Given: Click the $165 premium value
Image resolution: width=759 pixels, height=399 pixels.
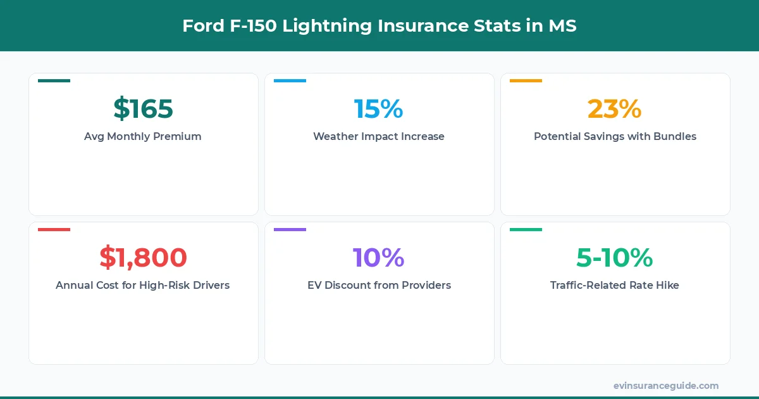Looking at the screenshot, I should [x=143, y=109].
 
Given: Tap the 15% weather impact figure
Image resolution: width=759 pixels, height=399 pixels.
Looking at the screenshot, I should [x=378, y=109].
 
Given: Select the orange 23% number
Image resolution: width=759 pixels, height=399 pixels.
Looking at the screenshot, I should [x=614, y=109].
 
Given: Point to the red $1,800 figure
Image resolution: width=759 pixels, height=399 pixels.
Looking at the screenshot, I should [x=143, y=258].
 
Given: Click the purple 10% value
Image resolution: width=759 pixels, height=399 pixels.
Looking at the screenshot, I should [x=378, y=258].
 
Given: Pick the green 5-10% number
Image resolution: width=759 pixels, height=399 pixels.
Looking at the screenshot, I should [x=614, y=258].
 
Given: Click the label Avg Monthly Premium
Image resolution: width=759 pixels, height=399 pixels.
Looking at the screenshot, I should [x=143, y=136].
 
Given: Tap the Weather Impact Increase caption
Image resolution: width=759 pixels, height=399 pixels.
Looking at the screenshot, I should [x=378, y=136].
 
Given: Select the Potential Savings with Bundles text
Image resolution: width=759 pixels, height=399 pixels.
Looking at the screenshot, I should [x=615, y=136].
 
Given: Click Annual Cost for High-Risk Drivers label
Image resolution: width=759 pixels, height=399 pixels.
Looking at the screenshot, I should [x=143, y=285].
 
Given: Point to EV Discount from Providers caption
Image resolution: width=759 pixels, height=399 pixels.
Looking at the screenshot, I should [x=379, y=285].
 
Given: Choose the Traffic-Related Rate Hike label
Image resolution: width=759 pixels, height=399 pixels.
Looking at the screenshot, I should [x=615, y=285].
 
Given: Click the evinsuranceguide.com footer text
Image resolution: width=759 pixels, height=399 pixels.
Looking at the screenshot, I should [x=665, y=386].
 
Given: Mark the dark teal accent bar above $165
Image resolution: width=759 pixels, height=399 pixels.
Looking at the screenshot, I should [x=54, y=80].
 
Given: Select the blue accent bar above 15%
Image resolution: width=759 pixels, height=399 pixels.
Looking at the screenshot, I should [x=290, y=80].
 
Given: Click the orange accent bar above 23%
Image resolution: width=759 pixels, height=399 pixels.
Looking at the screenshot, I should [x=526, y=80].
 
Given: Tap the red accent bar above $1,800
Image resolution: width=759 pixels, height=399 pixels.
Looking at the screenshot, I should [x=54, y=229].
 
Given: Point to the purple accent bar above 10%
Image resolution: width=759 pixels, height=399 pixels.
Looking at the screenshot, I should [x=290, y=229].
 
